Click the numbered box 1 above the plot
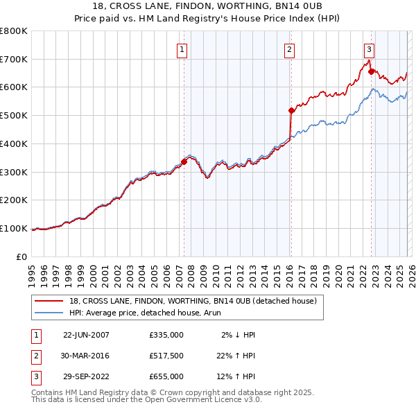tap(182, 49)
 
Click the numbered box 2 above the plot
tap(288, 49)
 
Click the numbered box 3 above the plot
tap(370, 49)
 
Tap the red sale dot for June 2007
tap(184, 162)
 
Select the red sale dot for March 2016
tap(291, 110)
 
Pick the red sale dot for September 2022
tap(371, 71)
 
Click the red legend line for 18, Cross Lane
tap(49, 301)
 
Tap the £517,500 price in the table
tap(166, 356)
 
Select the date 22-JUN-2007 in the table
tap(86, 335)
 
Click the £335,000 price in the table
tap(166, 335)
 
